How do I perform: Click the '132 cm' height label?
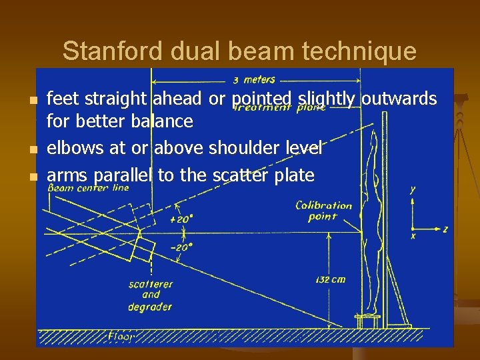[x=329, y=279]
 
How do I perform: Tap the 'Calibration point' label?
[x=323, y=211]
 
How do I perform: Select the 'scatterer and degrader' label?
[x=151, y=295]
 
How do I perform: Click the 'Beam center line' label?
[x=88, y=188]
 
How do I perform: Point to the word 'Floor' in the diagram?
[x=121, y=336]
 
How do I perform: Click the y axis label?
[x=413, y=190]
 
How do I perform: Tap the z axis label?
[x=445, y=229]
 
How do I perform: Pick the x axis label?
[x=413, y=236]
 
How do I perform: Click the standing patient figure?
[x=369, y=220]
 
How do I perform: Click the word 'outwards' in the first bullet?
[x=399, y=99]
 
